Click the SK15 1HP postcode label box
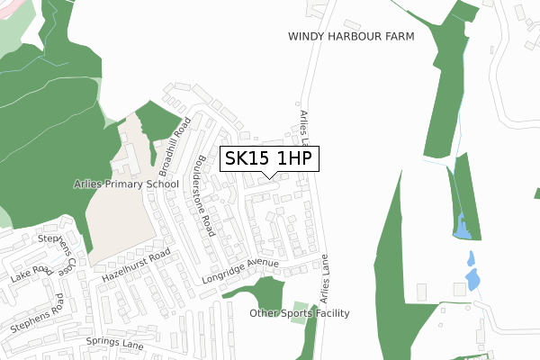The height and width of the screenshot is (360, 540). [269, 158]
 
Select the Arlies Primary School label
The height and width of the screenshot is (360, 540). [127, 184]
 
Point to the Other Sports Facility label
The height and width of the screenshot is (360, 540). [299, 313]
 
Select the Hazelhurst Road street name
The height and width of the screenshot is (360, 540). [135, 267]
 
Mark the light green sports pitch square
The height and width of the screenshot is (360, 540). [300, 307]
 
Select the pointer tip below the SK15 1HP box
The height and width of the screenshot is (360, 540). [269, 175]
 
